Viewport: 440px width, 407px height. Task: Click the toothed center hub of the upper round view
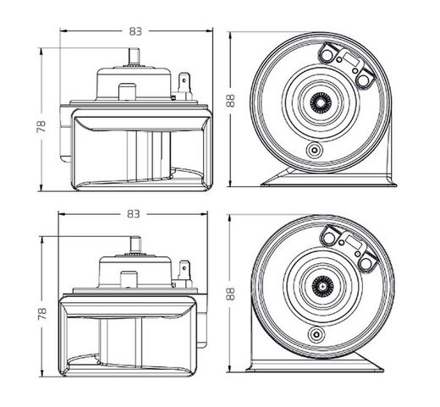323,102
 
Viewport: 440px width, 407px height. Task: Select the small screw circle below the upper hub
316,149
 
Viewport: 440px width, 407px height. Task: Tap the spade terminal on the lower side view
186,270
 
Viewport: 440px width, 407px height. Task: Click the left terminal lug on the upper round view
326,53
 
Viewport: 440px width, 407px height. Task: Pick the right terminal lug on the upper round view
365,80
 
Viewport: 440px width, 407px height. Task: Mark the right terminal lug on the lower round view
369,266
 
